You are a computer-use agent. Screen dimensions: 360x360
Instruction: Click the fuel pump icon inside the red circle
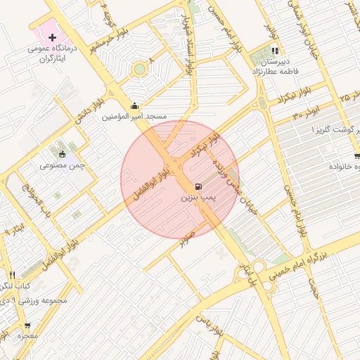pyautogui.click(x=200, y=187)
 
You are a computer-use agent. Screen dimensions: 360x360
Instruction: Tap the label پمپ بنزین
pyautogui.click(x=196, y=199)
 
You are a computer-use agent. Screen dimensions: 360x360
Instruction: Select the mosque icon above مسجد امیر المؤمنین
pyautogui.click(x=135, y=105)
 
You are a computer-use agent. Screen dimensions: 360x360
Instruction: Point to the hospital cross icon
pyautogui.click(x=52, y=36)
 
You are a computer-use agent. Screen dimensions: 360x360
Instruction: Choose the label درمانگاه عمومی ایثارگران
pyautogui.click(x=48, y=55)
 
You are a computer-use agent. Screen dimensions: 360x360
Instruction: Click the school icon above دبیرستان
pyautogui.click(x=275, y=51)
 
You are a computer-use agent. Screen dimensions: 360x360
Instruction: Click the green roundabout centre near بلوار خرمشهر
pyautogui.click(x=140, y=69)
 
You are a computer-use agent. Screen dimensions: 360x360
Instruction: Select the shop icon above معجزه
pyautogui.click(x=28, y=326)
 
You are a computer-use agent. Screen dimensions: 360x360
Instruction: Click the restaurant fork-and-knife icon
pyautogui.click(x=12, y=274)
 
